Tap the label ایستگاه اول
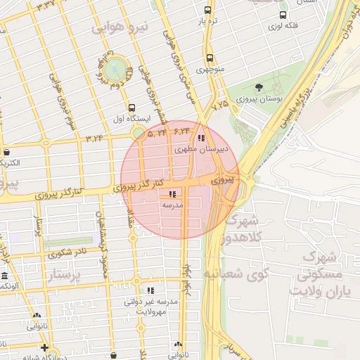pos(131,119)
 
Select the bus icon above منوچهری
pos(209,58)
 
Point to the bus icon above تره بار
pos(207,11)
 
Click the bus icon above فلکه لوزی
pos(283,15)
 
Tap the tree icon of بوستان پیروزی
pos(259,88)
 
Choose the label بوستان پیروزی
pos(259,100)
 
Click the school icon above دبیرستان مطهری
pos(202,138)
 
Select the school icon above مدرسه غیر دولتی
pos(150,290)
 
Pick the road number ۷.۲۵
pos(220,104)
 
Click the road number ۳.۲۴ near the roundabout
pos(94,138)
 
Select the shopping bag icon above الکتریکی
pos(6,152)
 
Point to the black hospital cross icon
pos(44,347)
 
